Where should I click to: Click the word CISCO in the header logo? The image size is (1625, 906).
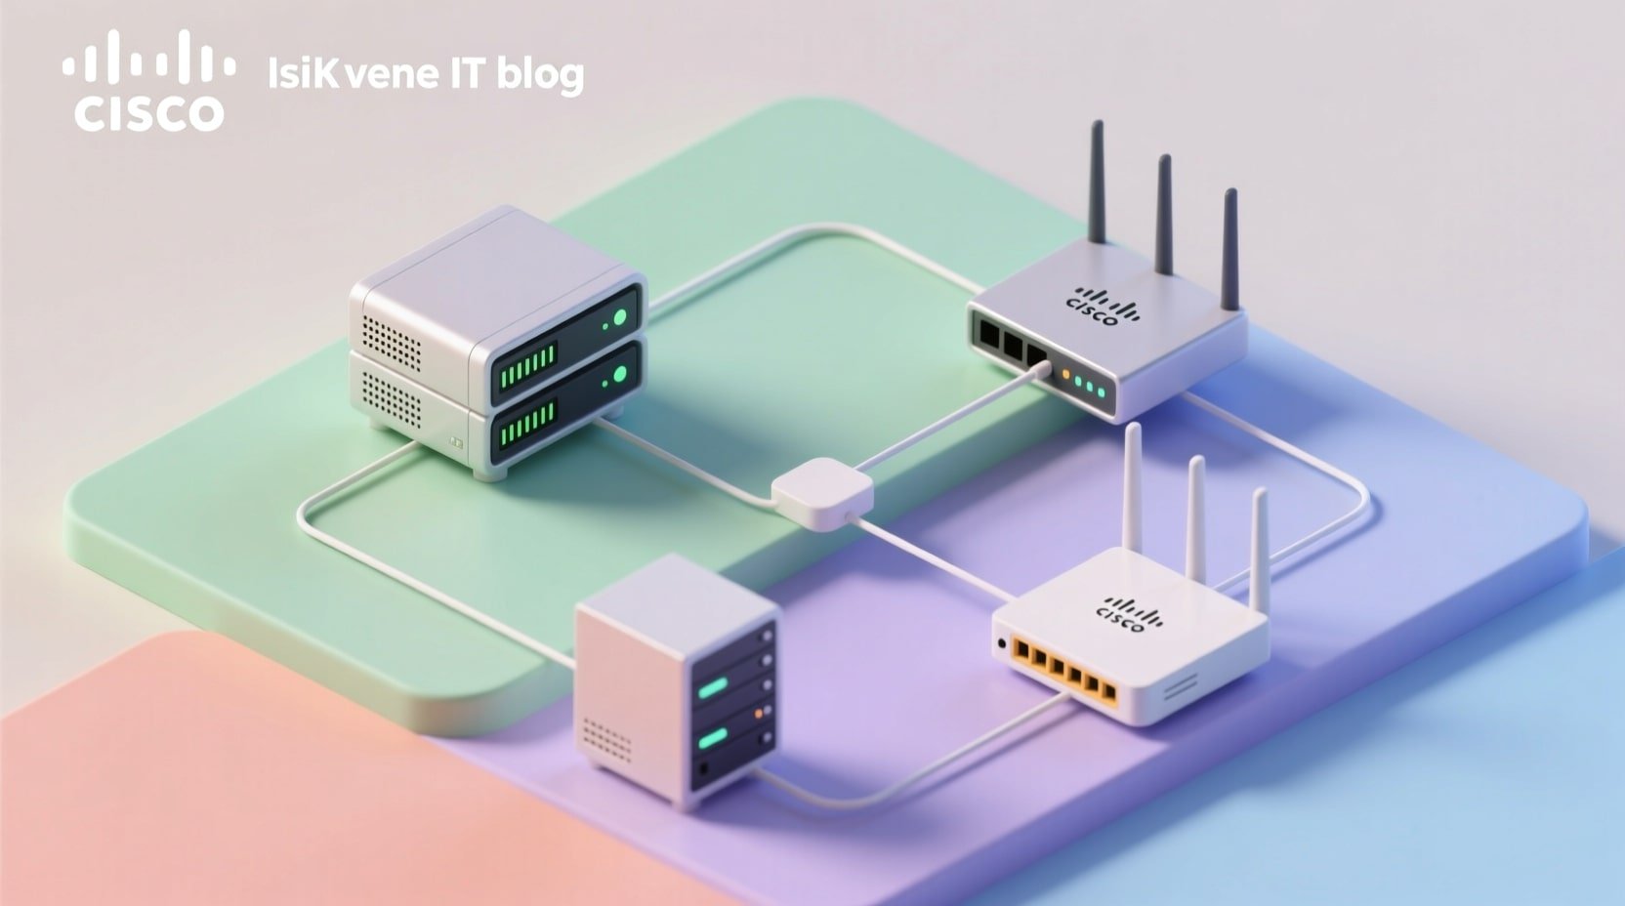pyautogui.click(x=148, y=113)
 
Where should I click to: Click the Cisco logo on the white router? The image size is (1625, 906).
pyautogui.click(x=1131, y=612)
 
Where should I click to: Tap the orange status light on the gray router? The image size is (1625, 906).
pyautogui.click(x=1065, y=375)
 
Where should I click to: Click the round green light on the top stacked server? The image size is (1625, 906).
pyautogui.click(x=618, y=317)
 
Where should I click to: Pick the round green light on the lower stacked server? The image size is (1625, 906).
pyautogui.click(x=618, y=374)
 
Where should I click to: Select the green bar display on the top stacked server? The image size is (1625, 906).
pyautogui.click(x=527, y=362)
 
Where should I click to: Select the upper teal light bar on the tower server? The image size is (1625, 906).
pyautogui.click(x=714, y=688)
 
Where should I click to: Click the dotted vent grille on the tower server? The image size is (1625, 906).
pyautogui.click(x=606, y=740)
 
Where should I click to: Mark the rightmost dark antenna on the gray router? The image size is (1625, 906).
pyautogui.click(x=1230, y=249)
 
